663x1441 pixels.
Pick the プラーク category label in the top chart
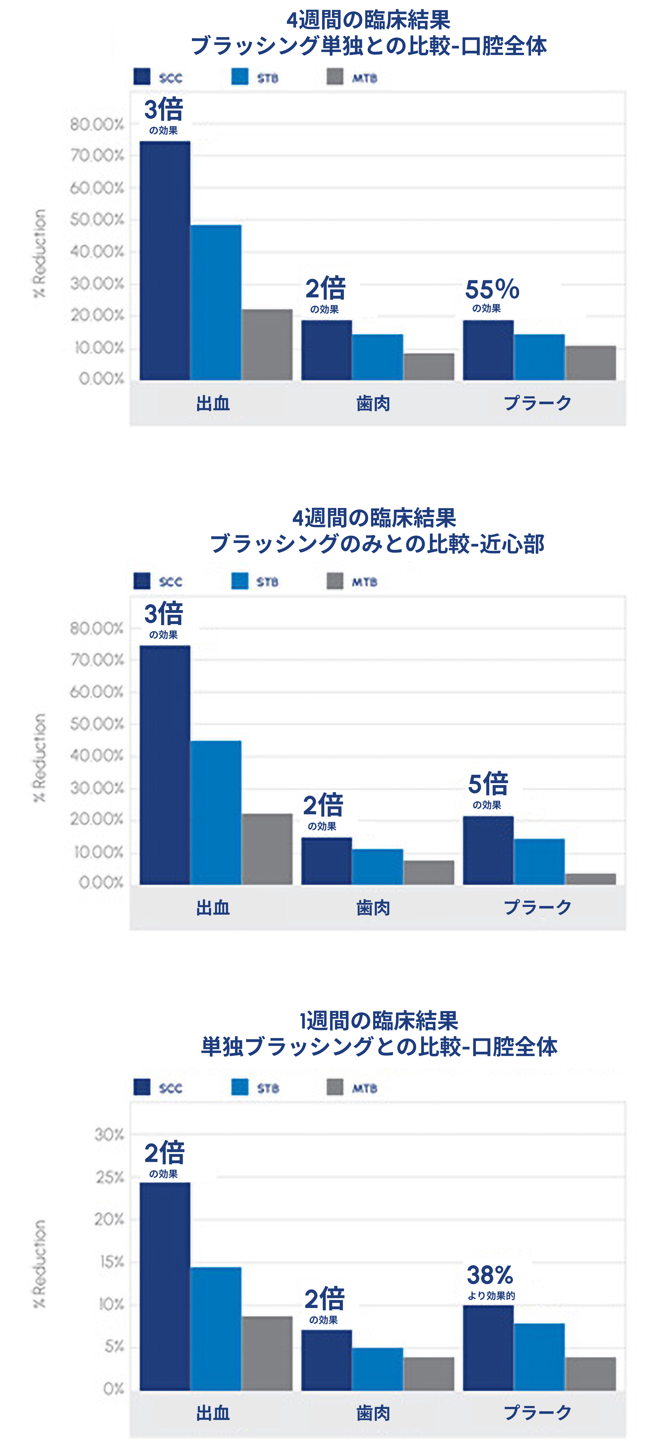point(537,403)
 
